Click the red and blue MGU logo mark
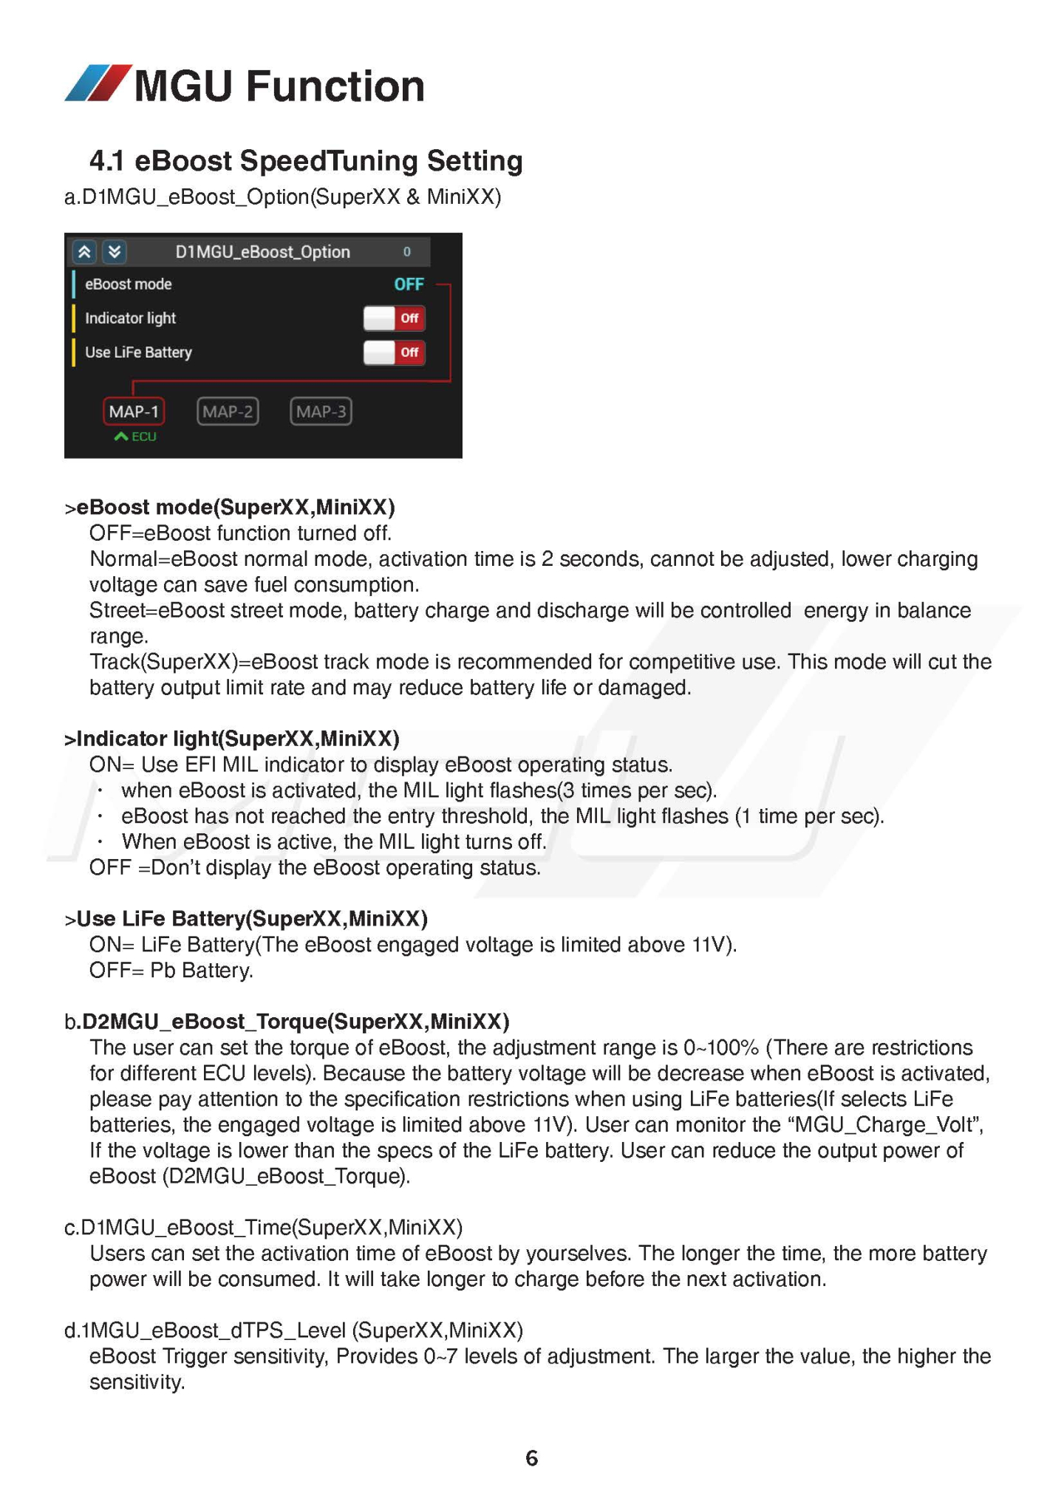pos(98,83)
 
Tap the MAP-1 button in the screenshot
pos(134,411)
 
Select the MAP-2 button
pos(228,411)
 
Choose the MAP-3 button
pos(321,411)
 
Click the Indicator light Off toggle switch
pos(395,318)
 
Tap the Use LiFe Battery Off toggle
pos(395,352)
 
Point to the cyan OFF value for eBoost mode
pos(409,284)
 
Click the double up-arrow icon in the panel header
pos(85,252)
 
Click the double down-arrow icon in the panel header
pos(115,252)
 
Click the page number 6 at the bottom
pos(531,1457)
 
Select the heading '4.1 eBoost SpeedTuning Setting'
pos(306,160)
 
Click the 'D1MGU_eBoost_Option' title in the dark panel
pos(262,252)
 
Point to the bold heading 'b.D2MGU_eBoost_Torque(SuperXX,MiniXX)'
pos(287,1022)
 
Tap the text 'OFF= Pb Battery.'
pos(171,970)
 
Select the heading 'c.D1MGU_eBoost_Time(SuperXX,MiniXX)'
pos(263,1227)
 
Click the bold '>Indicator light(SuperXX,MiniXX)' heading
pos(232,739)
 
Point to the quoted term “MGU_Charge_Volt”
pos(885,1124)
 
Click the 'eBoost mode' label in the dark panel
pos(128,284)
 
